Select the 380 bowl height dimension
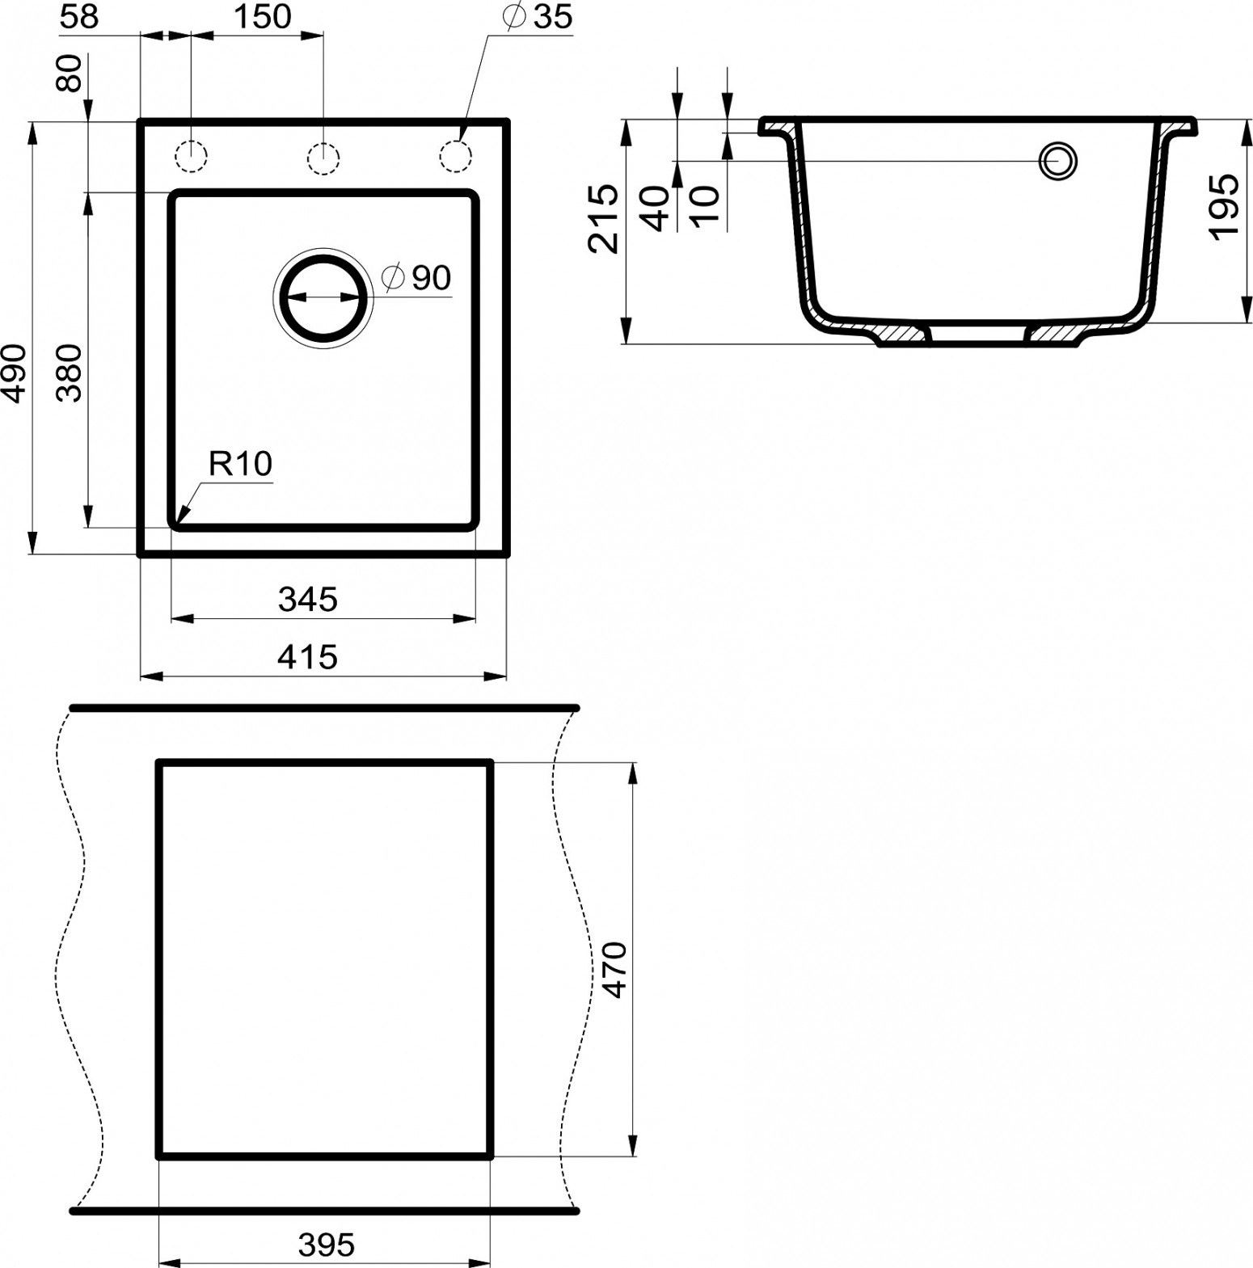tap(70, 373)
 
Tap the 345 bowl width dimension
tap(307, 600)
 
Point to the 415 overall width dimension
tap(307, 657)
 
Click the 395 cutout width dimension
tap(327, 1245)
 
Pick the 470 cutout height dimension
tap(614, 969)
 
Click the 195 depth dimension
tap(1224, 205)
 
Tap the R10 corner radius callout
tap(240, 464)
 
